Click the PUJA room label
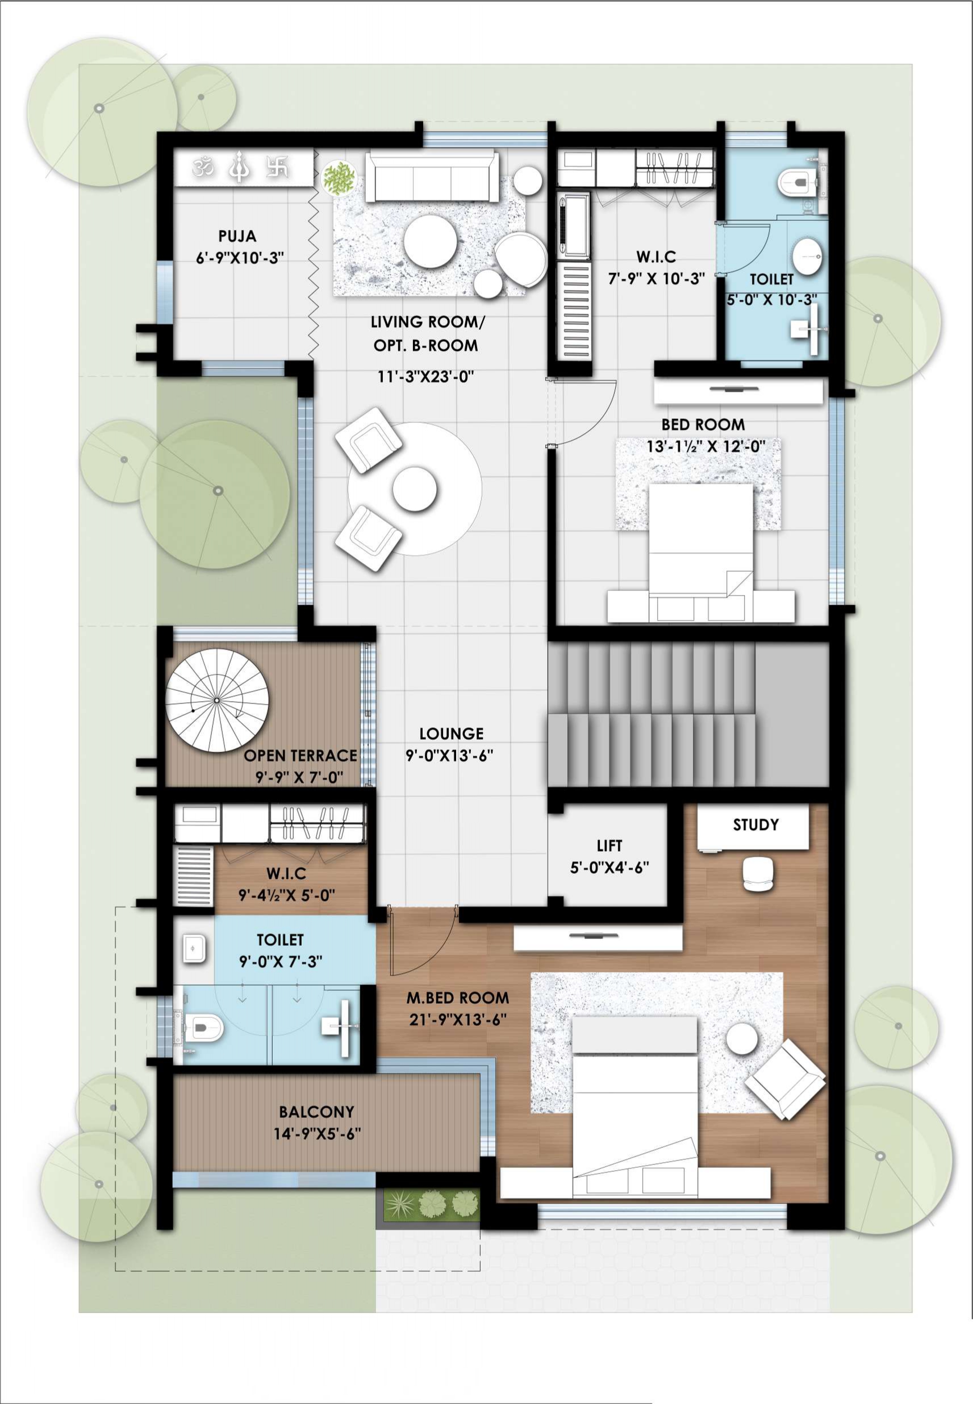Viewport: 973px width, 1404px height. point(237,236)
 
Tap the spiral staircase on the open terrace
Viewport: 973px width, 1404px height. point(217,701)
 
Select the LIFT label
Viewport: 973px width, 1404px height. point(609,845)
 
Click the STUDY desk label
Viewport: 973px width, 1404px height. point(755,825)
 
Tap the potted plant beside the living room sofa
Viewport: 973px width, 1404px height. point(339,178)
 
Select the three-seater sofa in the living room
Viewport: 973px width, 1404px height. point(431,178)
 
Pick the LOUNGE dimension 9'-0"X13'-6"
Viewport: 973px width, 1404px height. point(449,756)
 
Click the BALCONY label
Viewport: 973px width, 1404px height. point(316,1112)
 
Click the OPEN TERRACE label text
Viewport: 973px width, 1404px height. point(300,756)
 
